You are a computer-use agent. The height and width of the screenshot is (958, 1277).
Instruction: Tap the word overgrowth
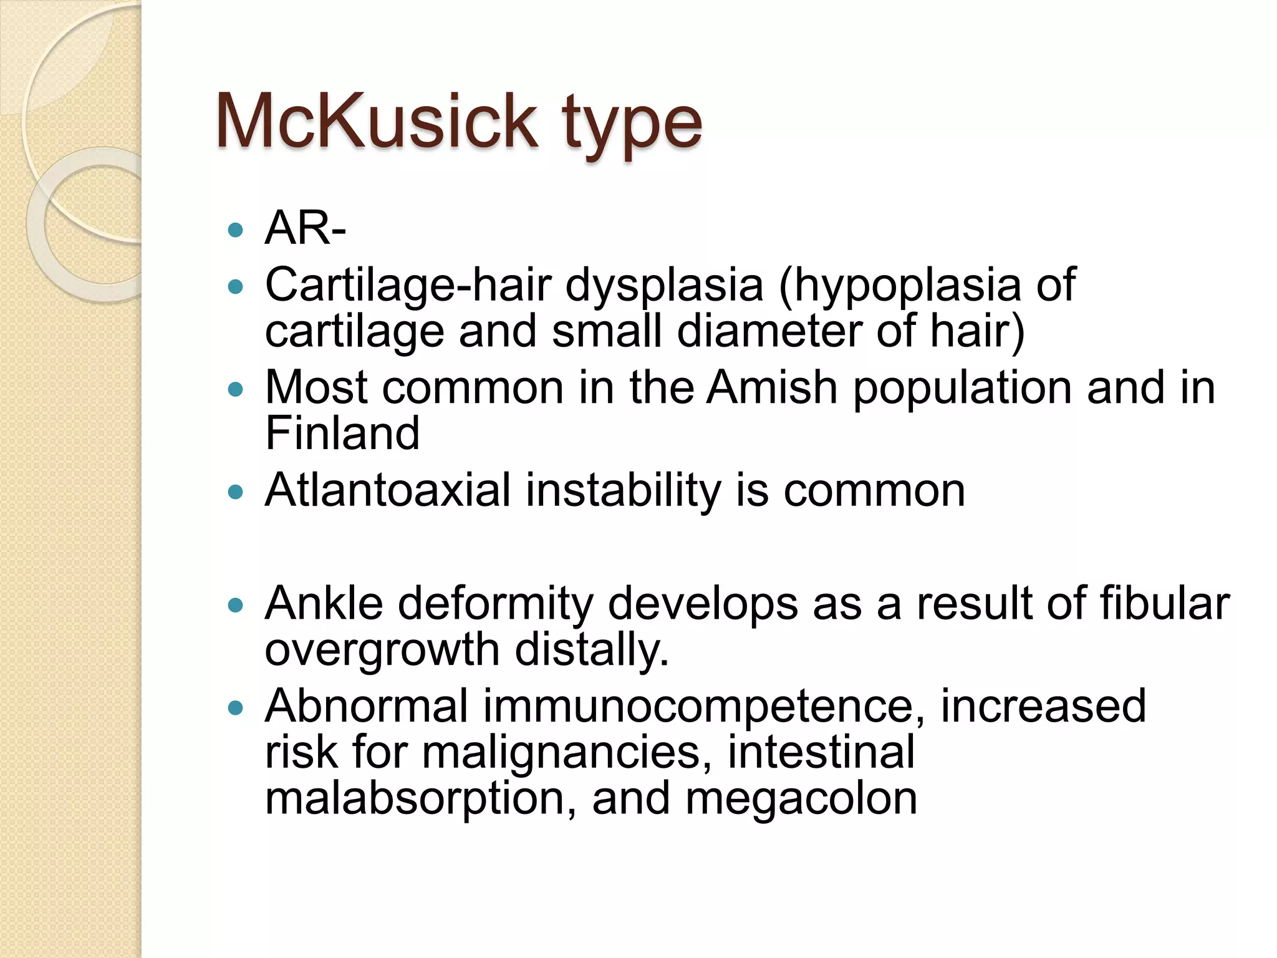point(382,651)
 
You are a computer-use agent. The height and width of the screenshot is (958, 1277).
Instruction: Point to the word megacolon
point(801,800)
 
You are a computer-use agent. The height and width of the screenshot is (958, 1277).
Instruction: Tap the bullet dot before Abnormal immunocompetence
point(236,708)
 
